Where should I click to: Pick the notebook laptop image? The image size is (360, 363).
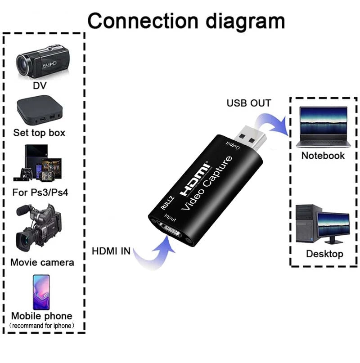[x=323, y=128]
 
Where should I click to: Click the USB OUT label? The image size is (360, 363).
[x=248, y=103]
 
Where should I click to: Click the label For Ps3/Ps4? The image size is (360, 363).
[x=41, y=193]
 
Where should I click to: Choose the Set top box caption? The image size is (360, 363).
[x=39, y=133]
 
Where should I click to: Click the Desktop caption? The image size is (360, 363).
[x=324, y=254]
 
